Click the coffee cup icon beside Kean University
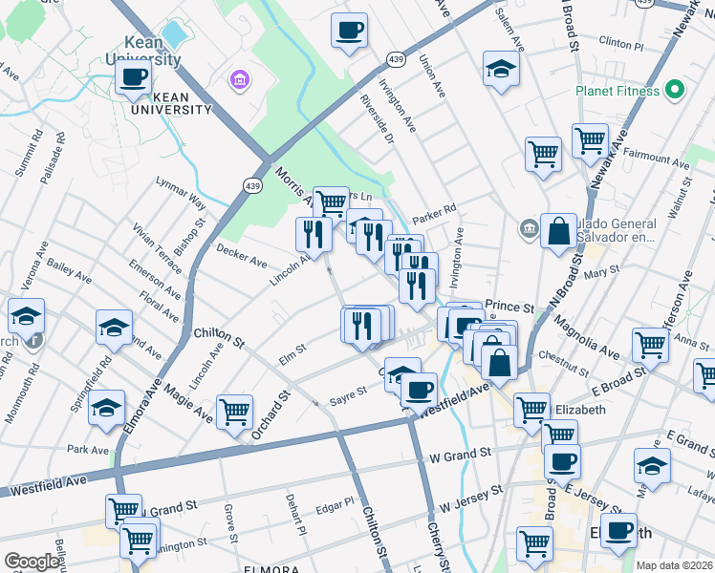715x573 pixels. [134, 75]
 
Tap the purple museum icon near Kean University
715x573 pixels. [237, 77]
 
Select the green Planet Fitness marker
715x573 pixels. [675, 91]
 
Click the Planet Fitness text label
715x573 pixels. [617, 91]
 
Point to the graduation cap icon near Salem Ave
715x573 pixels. [501, 68]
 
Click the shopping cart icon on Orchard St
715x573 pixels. [234, 412]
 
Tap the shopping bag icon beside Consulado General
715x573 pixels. [558, 231]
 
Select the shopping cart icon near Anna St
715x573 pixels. [650, 343]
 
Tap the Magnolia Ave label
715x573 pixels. [585, 338]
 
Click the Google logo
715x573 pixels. [32, 562]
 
